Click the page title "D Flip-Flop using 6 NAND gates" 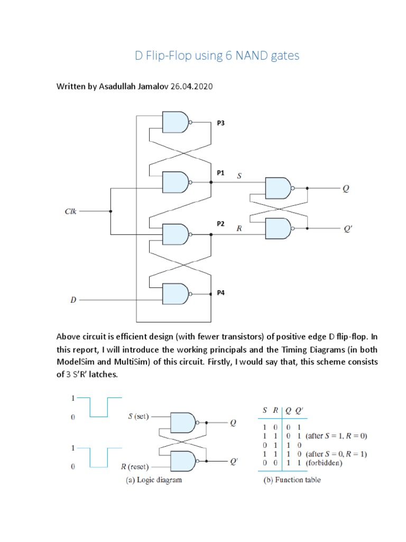point(217,56)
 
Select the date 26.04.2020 point(191,86)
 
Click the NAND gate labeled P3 point(176,122)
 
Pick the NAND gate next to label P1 point(176,182)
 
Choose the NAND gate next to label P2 point(176,233)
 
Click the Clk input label point(70,211)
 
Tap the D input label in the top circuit point(73,300)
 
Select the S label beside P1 point(239,175)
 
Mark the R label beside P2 point(239,229)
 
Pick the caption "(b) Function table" point(292,480)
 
